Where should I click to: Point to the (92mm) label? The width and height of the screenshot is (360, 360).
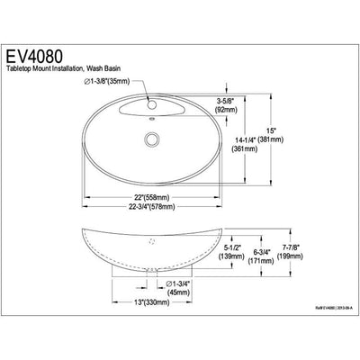251,112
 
